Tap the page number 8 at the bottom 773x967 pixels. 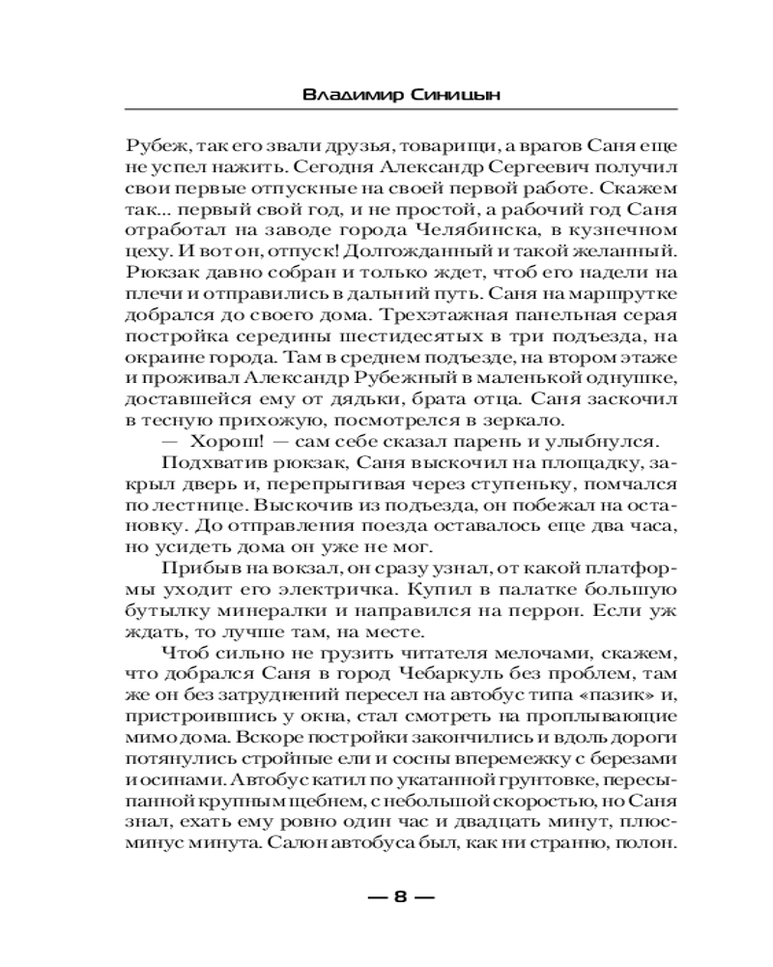(400, 895)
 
